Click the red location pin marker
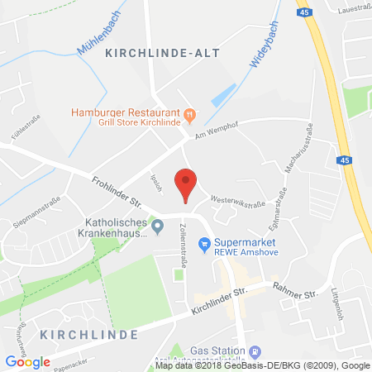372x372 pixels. point(186,183)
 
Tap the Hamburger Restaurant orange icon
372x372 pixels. point(188,114)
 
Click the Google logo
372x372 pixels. point(27,361)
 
